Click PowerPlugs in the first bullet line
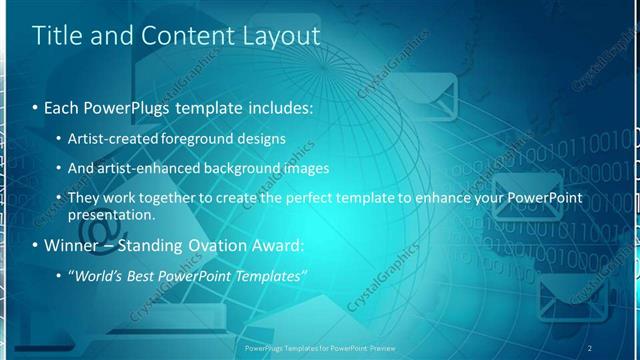pyautogui.click(x=127, y=106)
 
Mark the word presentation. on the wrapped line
pyautogui.click(x=112, y=215)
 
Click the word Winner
pyautogui.click(x=71, y=245)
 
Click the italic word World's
pyautogui.click(x=96, y=276)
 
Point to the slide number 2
pyautogui.click(x=590, y=348)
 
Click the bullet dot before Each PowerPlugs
pyautogui.click(x=36, y=106)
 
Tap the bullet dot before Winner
pyautogui.click(x=36, y=245)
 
